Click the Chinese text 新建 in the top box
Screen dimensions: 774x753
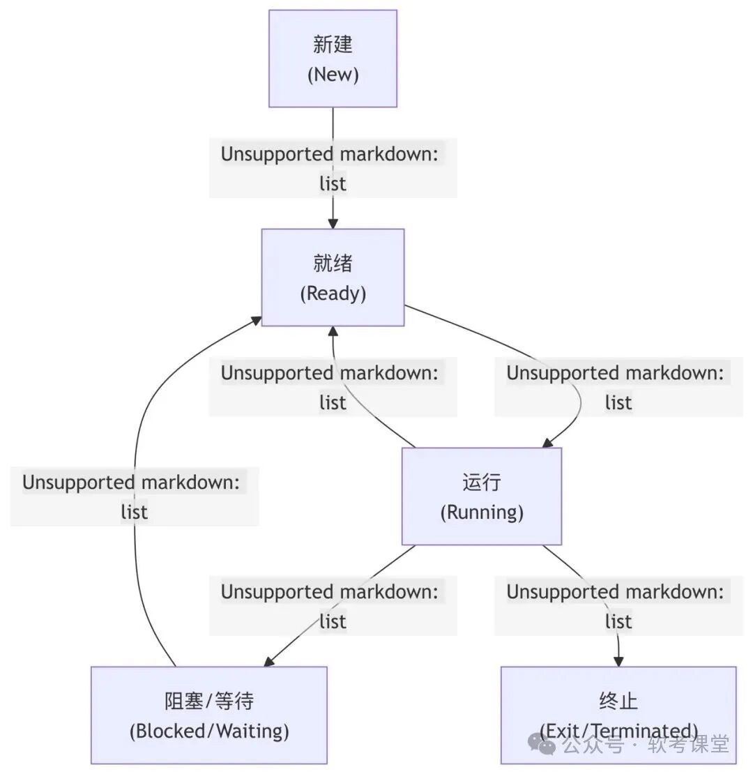click(x=333, y=45)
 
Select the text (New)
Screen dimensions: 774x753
click(x=333, y=75)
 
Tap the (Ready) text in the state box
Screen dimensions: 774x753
click(x=333, y=294)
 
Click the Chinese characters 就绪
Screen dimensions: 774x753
click(x=333, y=264)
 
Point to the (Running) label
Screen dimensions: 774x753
click(x=481, y=513)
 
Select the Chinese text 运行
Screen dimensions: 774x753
click(x=481, y=483)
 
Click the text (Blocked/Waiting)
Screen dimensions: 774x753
click(x=208, y=731)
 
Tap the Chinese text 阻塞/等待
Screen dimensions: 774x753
click(x=208, y=701)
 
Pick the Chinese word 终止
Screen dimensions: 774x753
click(x=618, y=701)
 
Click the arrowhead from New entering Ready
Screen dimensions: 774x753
click(x=333, y=223)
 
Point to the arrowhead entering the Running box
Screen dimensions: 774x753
click(x=548, y=442)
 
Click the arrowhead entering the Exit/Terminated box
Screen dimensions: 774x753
click(x=618, y=660)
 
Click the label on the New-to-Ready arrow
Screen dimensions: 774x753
click(x=333, y=168)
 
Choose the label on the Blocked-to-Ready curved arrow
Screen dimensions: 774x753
click(x=134, y=496)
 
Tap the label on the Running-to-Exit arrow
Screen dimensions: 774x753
click(x=618, y=606)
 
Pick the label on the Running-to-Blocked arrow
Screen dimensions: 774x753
click(x=333, y=606)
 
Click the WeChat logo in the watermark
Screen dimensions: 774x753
click(x=542, y=744)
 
